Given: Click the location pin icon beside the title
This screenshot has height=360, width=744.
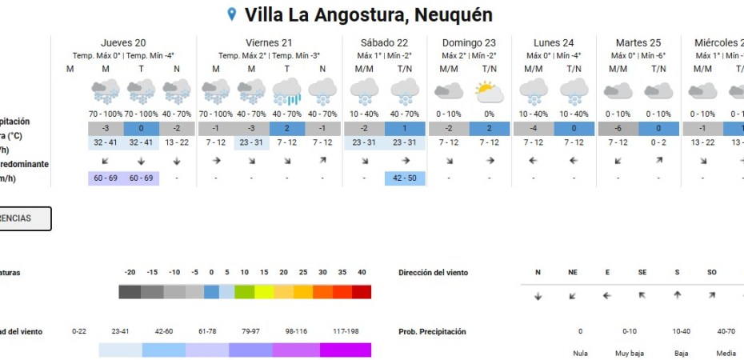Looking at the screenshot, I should coord(233,14).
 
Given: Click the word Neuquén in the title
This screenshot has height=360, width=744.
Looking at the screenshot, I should coord(454,14).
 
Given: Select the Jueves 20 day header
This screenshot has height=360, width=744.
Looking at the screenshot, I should coord(123,42).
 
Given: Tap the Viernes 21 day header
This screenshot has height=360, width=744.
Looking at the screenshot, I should coord(268,42).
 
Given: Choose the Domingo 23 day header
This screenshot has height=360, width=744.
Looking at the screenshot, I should coord(468,42).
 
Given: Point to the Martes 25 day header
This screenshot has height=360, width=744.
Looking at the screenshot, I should coord(638,42).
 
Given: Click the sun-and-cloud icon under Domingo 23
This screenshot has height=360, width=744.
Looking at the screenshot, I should coord(490,92).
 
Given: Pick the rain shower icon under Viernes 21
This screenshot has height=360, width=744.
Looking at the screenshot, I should coord(287,92).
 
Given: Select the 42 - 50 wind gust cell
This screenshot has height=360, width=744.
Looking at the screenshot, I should coord(406,178).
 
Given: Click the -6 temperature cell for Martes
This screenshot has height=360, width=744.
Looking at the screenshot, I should coord(617,129).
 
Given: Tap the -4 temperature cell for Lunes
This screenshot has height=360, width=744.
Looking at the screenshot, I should coord(532,129).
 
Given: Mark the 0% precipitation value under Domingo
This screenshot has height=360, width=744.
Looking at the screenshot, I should coord(490,114).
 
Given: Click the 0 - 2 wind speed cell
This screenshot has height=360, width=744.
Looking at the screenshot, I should coord(659,142).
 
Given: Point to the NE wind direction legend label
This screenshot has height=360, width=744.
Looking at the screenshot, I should coord(573,273).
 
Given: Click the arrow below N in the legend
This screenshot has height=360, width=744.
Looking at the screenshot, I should coord(538,296).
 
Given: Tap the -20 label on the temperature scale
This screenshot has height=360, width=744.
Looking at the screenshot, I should coord(130,273).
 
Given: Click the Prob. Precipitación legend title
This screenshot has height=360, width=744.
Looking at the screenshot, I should coord(432,331).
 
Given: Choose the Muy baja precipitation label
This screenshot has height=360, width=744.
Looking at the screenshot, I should coord(625,353).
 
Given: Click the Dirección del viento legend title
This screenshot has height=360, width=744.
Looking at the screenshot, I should coord(433,273).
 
